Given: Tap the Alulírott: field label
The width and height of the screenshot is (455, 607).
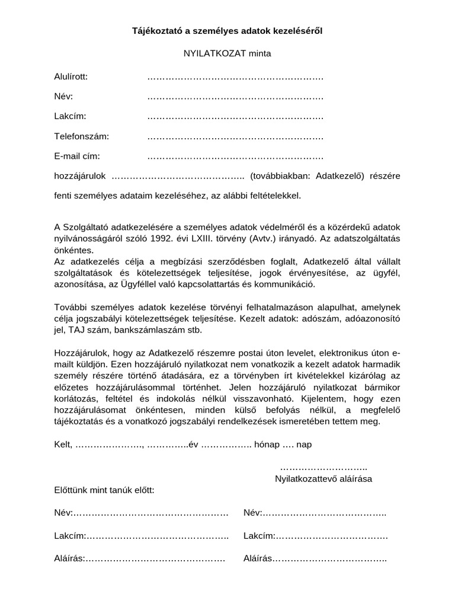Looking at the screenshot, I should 71,77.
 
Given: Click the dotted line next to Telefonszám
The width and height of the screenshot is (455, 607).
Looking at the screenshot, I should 235,137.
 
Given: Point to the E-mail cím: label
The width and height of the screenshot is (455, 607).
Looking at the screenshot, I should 77,156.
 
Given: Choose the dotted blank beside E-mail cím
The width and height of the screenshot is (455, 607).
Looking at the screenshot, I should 235,157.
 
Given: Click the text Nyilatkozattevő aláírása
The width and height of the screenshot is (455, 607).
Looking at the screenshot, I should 323,478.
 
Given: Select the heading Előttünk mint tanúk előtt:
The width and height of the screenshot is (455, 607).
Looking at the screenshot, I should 104,490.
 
